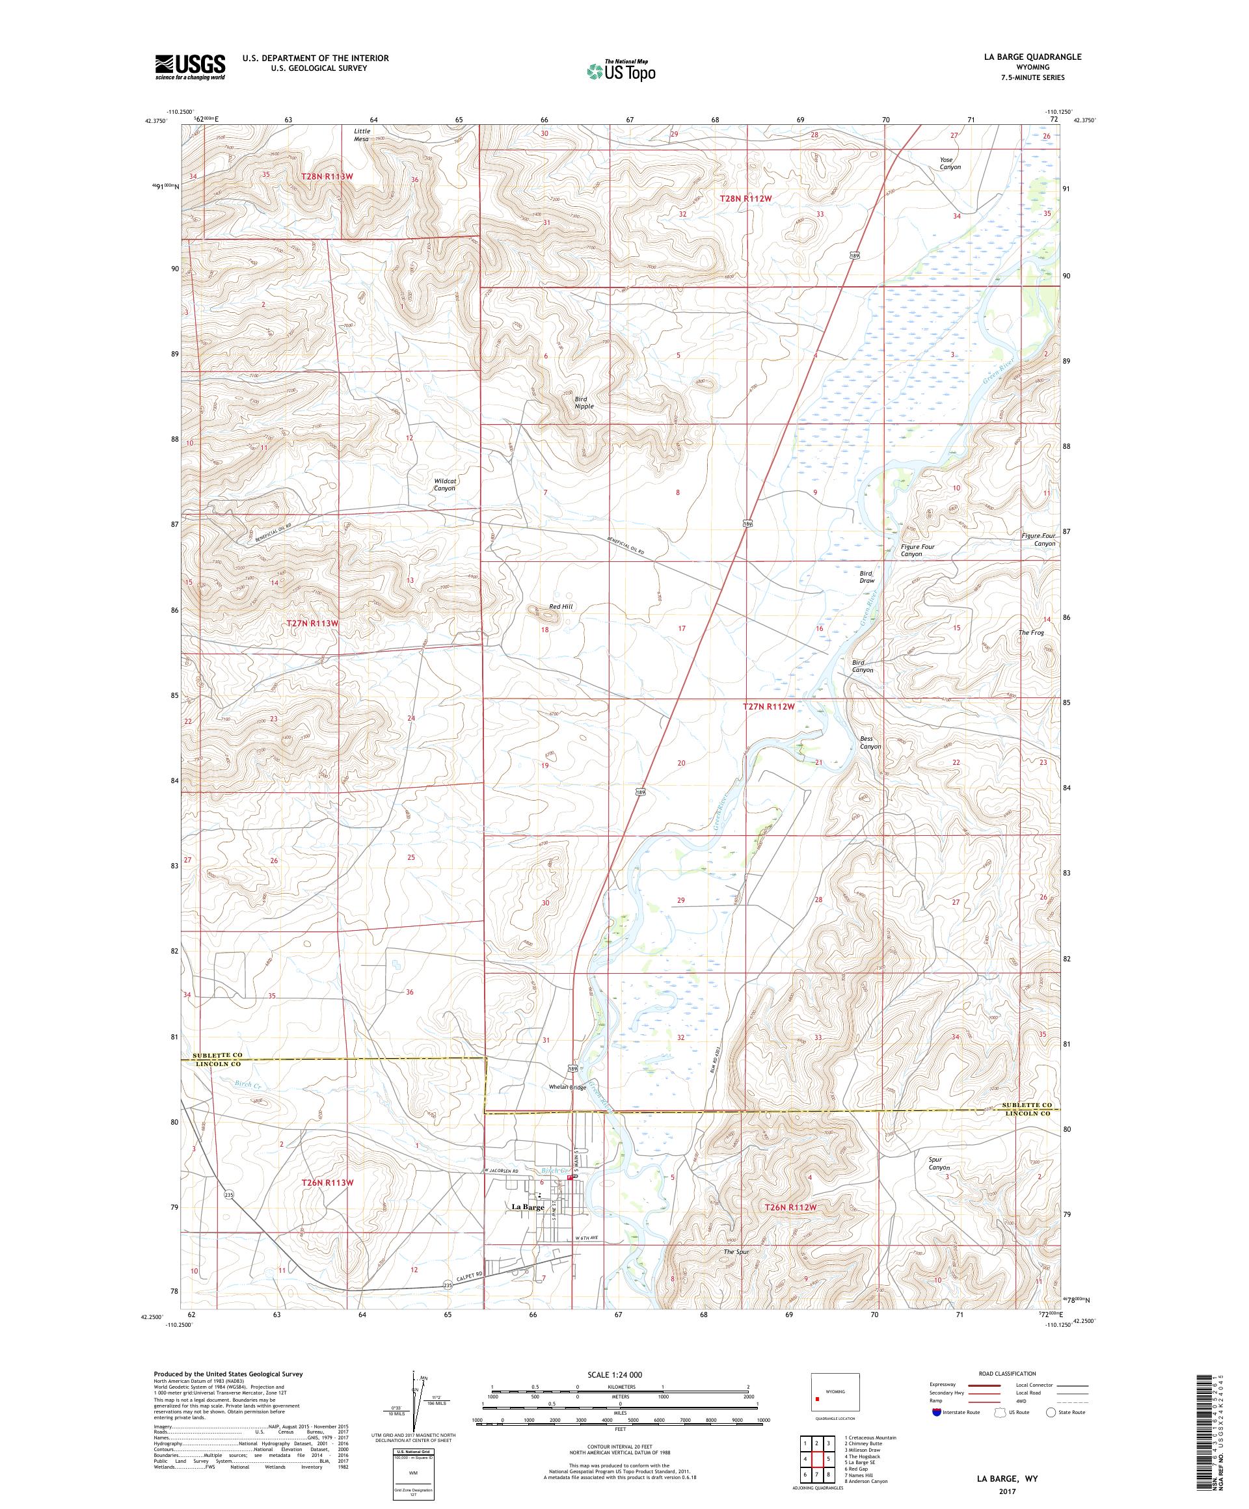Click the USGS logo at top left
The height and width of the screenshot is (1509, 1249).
[x=190, y=68]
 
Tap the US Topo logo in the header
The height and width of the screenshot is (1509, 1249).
[x=621, y=70]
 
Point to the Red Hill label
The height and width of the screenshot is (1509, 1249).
[x=561, y=606]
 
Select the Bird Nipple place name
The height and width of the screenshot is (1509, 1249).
[x=584, y=402]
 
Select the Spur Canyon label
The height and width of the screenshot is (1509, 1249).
[x=939, y=1164]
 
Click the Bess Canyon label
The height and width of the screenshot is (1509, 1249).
[x=870, y=742]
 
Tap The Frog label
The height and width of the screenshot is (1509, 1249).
[x=1030, y=632]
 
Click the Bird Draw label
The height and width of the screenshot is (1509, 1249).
[x=866, y=576]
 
